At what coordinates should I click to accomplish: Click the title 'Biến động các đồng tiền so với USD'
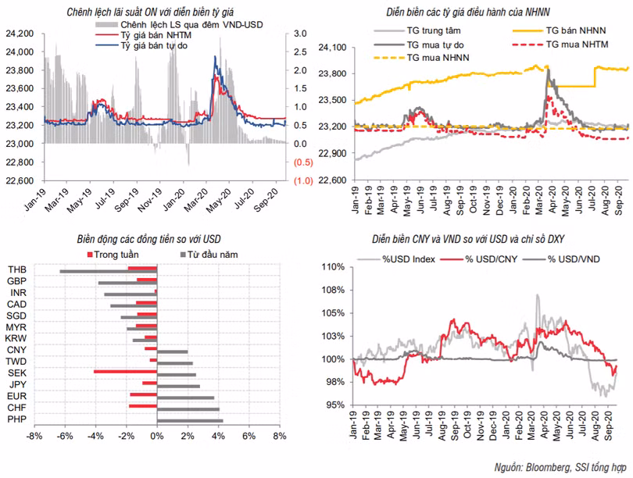coord(156,239)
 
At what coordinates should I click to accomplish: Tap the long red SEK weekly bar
coord(125,372)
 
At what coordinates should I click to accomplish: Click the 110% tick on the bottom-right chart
coord(333,267)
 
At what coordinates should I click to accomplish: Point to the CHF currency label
coord(16,408)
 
